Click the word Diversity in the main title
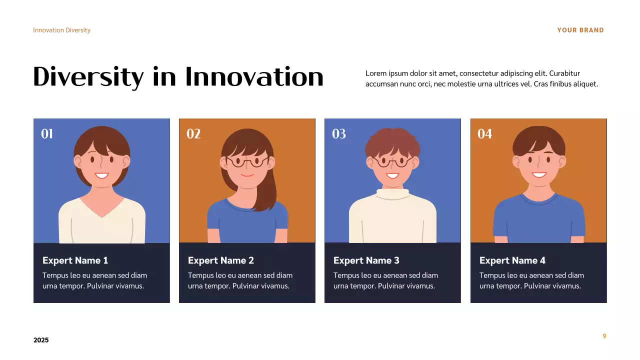88,77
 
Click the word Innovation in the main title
254,77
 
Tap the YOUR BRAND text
580,30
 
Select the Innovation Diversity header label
61,30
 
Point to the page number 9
604,336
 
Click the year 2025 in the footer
41,340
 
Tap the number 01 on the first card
47,133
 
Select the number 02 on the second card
193,133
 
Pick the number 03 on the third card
339,133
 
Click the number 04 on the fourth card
484,133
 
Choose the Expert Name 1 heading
75,260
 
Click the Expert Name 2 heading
220,260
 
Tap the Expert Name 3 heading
366,260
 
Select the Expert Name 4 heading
512,260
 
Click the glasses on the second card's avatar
247,161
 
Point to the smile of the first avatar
102,175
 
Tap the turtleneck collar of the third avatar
392,193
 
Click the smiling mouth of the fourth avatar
539,174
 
